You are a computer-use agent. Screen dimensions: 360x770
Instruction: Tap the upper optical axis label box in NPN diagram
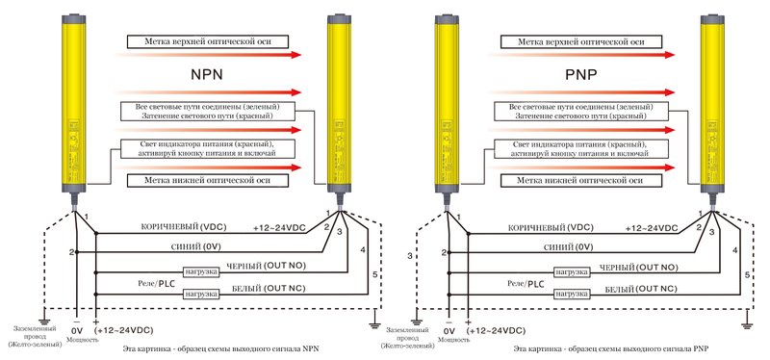(x=208, y=42)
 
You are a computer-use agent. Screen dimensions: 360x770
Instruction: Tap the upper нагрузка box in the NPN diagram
(x=200, y=272)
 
